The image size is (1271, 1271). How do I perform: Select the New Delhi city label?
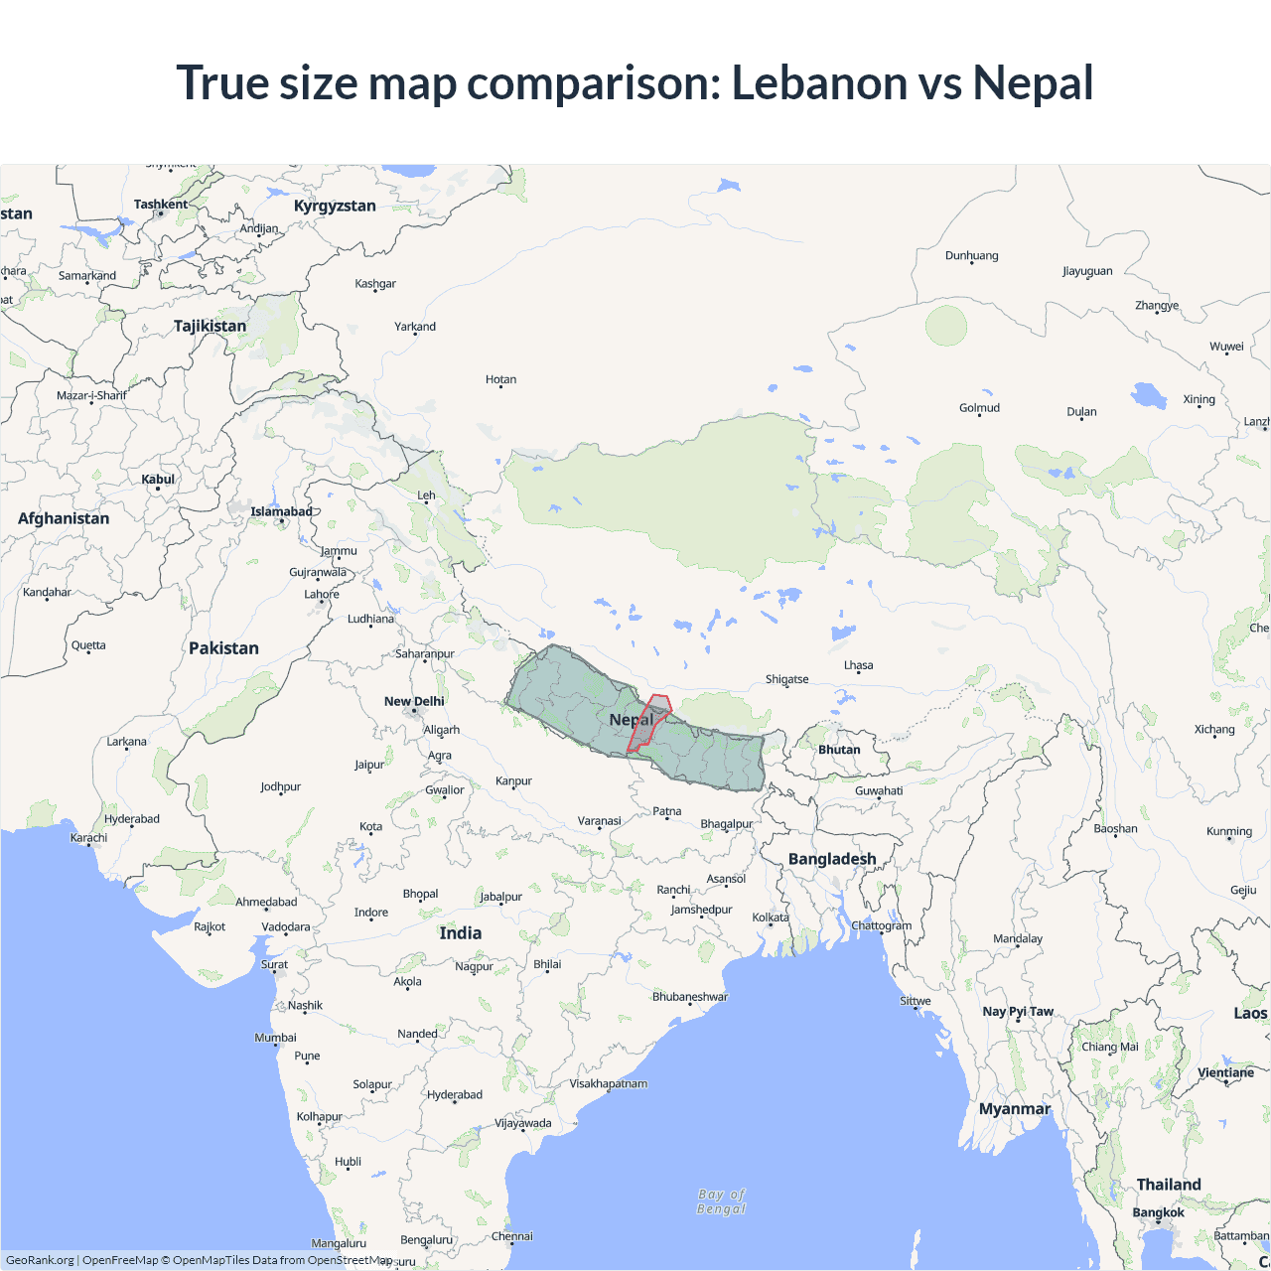pyautogui.click(x=414, y=701)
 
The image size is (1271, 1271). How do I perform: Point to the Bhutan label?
pyautogui.click(x=839, y=750)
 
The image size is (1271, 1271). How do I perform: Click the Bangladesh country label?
pyautogui.click(x=832, y=859)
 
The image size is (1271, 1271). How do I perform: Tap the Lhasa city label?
pyautogui.click(x=859, y=665)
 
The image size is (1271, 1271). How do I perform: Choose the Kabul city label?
pyautogui.click(x=158, y=479)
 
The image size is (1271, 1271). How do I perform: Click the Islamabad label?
pyautogui.click(x=281, y=511)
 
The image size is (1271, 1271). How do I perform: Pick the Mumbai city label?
pyautogui.click(x=275, y=1038)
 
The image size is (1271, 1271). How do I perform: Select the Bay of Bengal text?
pyautogui.click(x=722, y=1201)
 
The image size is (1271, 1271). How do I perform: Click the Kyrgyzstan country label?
pyautogui.click(x=335, y=206)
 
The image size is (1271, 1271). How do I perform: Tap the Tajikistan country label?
pyautogui.click(x=210, y=326)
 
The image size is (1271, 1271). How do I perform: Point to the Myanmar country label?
pyautogui.click(x=1014, y=1108)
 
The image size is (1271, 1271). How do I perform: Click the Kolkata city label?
pyautogui.click(x=771, y=918)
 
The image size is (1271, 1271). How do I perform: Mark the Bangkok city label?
pyautogui.click(x=1158, y=1212)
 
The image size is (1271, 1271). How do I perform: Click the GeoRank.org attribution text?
pyautogui.click(x=40, y=1260)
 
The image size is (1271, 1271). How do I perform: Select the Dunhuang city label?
pyautogui.click(x=971, y=255)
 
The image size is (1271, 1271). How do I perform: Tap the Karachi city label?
pyautogui.click(x=88, y=837)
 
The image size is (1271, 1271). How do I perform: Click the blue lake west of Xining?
pyautogui.click(x=1150, y=395)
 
